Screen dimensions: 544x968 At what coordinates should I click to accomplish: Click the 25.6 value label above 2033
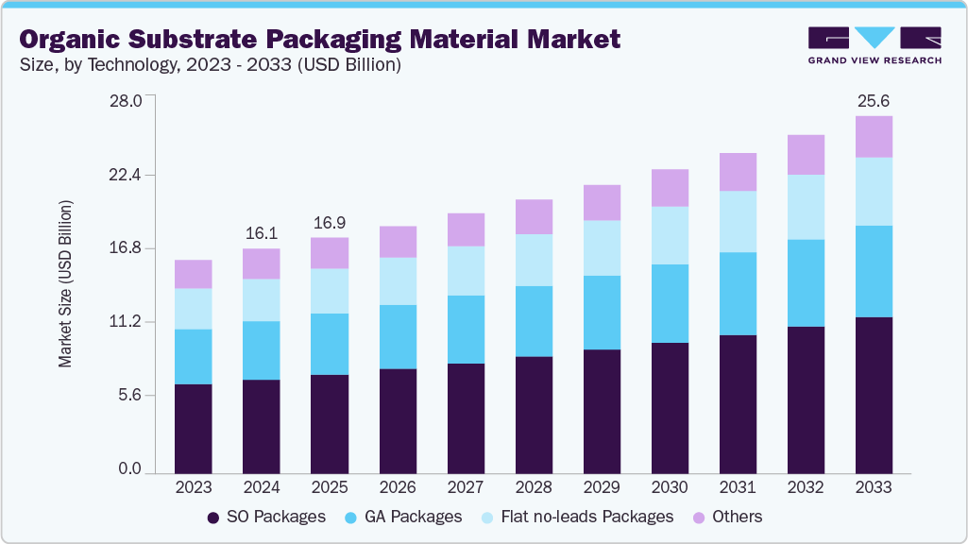coord(874,100)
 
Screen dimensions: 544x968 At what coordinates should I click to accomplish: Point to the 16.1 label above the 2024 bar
coord(262,233)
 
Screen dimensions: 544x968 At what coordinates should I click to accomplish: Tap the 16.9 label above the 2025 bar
coord(330,223)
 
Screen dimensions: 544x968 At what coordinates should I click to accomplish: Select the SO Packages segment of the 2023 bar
coord(194,428)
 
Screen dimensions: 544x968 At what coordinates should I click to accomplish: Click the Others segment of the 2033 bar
coord(874,137)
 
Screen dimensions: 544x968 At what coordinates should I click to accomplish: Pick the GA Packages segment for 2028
coord(534,321)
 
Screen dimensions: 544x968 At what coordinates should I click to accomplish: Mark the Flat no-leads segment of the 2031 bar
coord(738,222)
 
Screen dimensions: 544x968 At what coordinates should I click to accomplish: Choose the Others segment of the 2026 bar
coord(398,242)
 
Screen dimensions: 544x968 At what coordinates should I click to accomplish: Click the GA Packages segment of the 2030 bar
coord(670,303)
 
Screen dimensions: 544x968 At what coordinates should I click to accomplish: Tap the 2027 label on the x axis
coord(466,488)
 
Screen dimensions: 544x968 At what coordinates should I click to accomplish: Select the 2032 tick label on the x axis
coord(806,488)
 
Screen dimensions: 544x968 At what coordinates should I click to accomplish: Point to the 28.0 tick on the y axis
coord(125,101)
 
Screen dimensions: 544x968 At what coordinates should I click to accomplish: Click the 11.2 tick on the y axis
coord(125,322)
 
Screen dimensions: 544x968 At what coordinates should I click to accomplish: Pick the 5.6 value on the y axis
coord(128,396)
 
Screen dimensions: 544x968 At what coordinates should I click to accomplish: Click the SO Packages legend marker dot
coord(214,518)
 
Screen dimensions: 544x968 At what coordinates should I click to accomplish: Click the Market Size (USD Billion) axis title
coord(65,283)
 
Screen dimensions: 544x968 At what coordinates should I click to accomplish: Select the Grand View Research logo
coord(874,44)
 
